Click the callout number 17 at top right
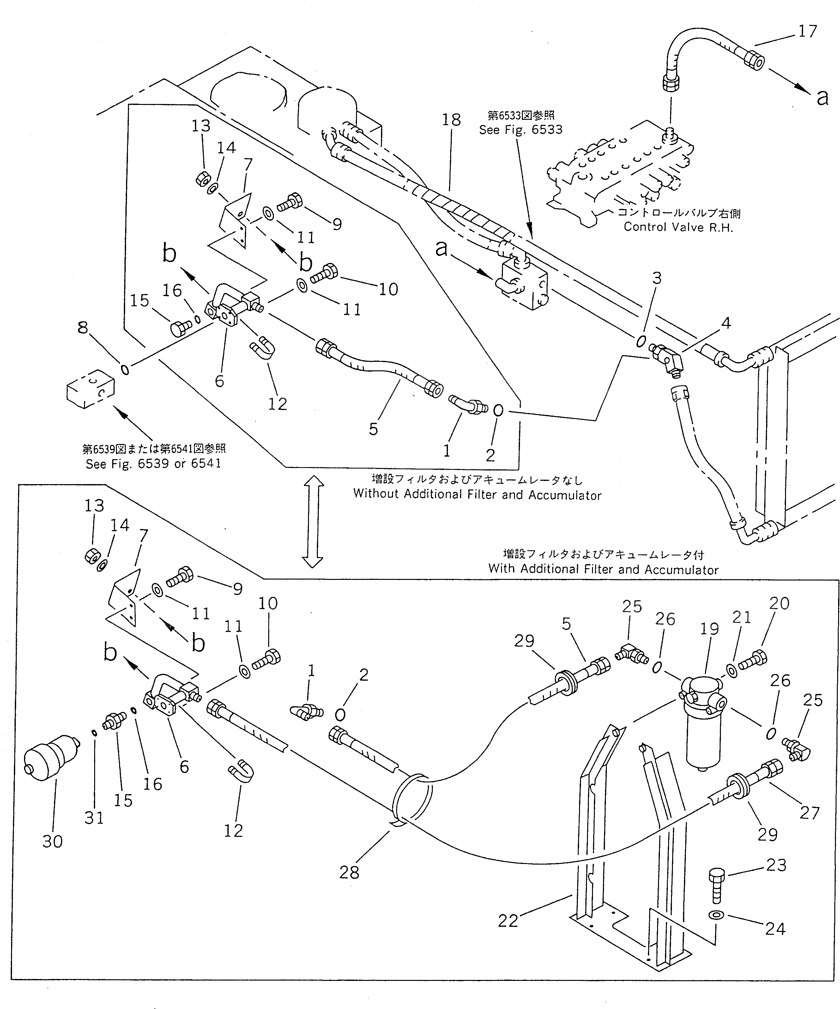tap(807, 32)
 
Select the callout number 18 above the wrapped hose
tap(451, 120)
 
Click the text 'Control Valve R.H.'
tap(678, 227)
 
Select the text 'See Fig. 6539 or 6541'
tap(153, 464)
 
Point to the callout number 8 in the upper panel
tap(83, 328)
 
